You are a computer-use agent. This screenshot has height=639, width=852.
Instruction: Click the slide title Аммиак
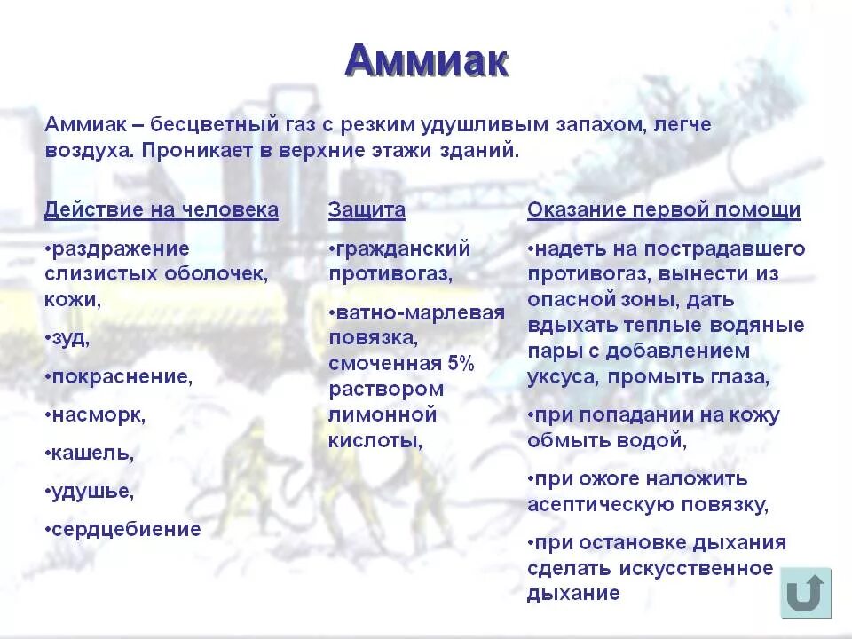427,61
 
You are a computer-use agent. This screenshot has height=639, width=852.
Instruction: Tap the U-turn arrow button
806,593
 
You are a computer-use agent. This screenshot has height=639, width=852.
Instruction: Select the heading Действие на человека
162,210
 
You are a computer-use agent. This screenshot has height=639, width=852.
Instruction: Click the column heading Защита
367,210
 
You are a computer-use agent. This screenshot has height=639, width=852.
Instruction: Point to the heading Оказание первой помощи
664,210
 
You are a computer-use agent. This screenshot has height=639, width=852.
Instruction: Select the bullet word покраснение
121,376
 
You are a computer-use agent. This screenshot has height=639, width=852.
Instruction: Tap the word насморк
97,414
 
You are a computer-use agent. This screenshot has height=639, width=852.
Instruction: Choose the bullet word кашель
91,453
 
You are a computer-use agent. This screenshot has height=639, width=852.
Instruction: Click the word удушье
91,491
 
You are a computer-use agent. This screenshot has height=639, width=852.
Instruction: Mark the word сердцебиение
125,530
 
